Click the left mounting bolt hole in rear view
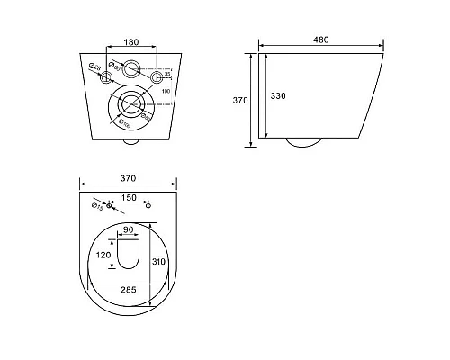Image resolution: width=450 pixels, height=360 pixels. [x=106, y=77]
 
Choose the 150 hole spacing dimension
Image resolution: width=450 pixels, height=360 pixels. [x=130, y=199]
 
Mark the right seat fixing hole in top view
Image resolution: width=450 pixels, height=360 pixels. [x=148, y=208]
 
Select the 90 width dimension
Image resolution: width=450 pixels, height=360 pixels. [x=131, y=229]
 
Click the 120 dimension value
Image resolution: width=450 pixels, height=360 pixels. [x=103, y=255]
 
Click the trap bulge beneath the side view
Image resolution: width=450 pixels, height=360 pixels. [x=306, y=142]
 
